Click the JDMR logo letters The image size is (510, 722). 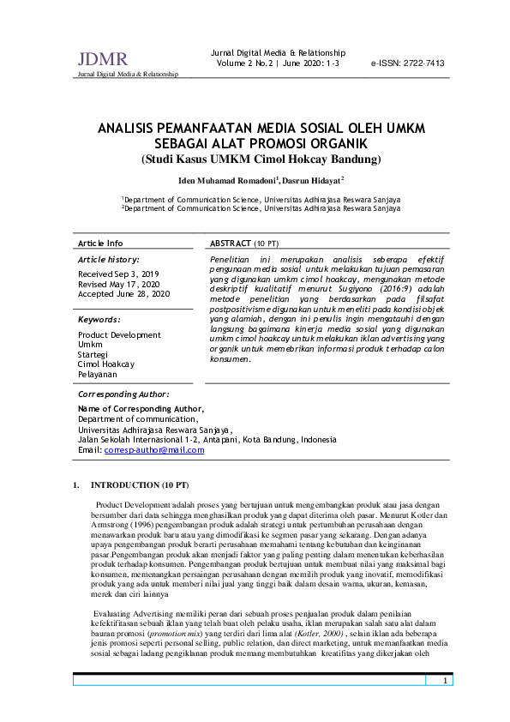[102, 59]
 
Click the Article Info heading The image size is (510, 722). [100, 244]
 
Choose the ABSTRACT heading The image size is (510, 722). [231, 244]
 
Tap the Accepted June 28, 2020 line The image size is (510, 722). [124, 293]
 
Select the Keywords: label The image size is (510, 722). [99, 319]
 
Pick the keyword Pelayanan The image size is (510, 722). [99, 375]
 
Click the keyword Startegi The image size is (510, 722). [93, 354]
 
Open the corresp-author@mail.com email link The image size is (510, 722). [153, 449]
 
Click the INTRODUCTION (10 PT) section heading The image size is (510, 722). [140, 485]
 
